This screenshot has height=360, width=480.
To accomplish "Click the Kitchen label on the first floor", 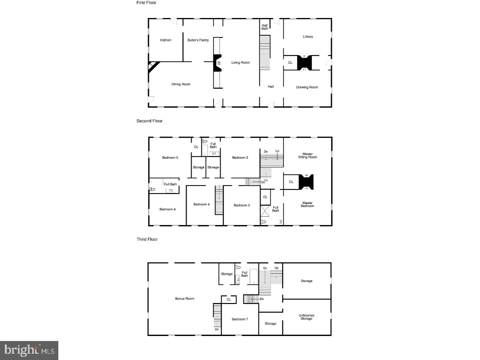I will (x=166, y=40).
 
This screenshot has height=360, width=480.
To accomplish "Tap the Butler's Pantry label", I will (x=198, y=40).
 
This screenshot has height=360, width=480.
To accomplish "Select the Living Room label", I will (x=240, y=63).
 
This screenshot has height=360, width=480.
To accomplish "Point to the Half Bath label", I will (x=265, y=27).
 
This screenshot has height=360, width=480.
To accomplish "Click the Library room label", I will (x=308, y=37).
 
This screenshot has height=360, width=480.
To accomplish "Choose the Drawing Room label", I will (x=307, y=87).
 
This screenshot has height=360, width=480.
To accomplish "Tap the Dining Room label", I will (x=181, y=84).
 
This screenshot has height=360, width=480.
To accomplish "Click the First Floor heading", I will (x=146, y=3).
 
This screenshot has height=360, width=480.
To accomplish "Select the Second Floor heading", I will (x=149, y=121).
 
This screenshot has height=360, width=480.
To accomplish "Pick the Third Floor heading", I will (x=147, y=239).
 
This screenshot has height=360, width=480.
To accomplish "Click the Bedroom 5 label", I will (x=170, y=158).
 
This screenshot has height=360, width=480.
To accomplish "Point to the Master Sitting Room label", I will (x=307, y=156).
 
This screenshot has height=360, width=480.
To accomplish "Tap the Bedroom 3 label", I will (x=242, y=205).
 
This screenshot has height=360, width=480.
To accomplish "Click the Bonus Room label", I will (x=185, y=299).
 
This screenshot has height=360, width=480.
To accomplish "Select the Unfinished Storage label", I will (x=306, y=317).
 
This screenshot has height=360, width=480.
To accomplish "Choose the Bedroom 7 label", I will (x=240, y=319).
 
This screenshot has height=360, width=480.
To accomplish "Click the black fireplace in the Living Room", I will (x=217, y=63).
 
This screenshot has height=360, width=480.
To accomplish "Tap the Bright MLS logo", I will (x=29, y=350).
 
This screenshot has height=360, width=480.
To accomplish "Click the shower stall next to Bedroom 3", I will (x=265, y=211).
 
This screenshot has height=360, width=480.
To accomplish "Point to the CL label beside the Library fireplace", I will (x=290, y=63).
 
